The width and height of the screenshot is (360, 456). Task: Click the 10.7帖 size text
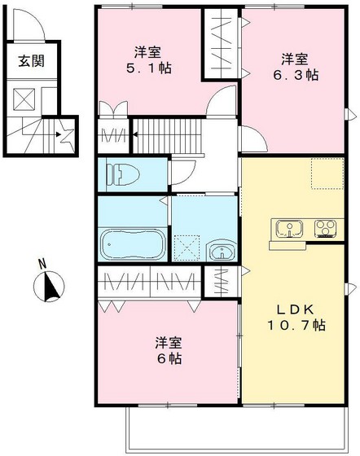(x=297, y=325)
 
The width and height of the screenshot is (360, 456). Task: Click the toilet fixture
(x=121, y=173)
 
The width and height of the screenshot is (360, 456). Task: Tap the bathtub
(x=131, y=243)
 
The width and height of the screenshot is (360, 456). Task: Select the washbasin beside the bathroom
(x=220, y=251)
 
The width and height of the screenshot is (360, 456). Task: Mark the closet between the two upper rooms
(x=221, y=46)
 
